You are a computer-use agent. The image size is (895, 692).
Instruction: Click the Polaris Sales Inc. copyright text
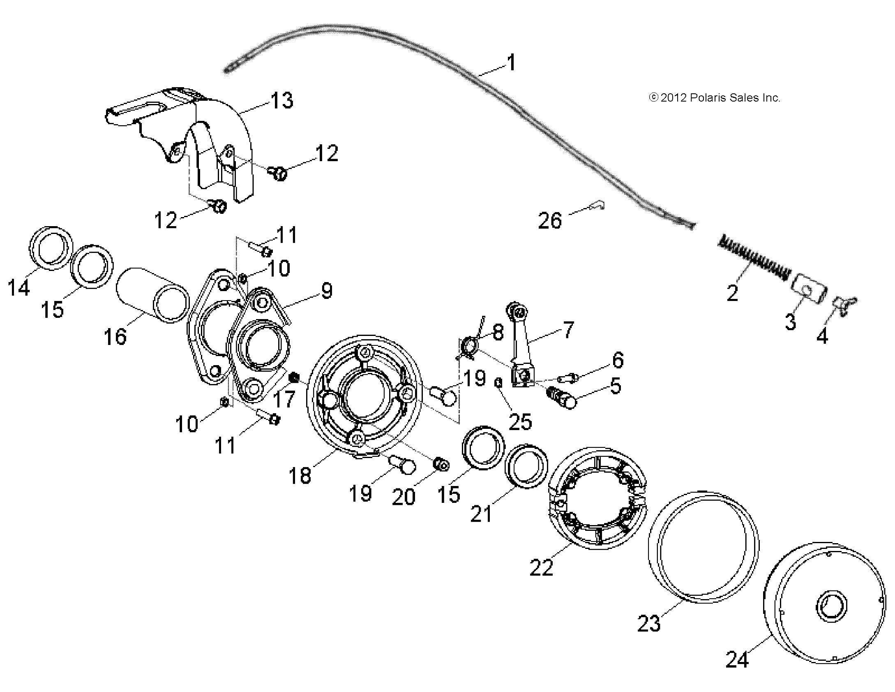714,98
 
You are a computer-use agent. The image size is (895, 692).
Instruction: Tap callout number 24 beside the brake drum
737,660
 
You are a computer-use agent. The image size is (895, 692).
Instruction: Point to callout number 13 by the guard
282,100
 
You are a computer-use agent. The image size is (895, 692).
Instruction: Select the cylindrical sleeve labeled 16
152,294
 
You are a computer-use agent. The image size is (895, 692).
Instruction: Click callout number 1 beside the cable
510,63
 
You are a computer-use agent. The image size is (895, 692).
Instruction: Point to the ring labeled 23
703,547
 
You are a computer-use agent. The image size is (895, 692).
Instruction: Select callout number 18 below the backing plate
300,476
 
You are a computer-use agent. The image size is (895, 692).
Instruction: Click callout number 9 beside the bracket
326,291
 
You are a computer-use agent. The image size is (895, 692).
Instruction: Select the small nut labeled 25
498,383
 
